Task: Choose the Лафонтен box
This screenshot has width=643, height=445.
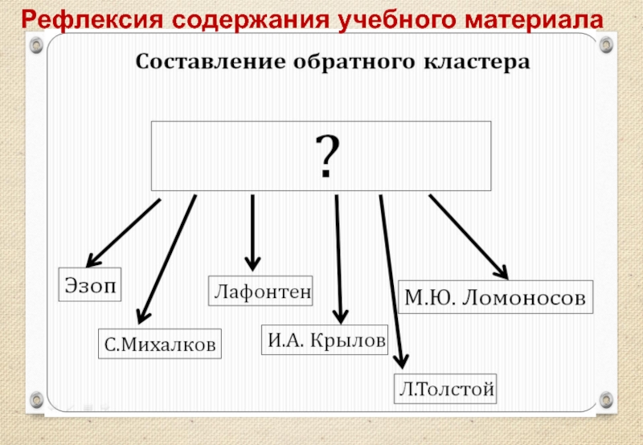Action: [x=261, y=290]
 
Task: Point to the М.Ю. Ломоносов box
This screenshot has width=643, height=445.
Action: [x=496, y=296]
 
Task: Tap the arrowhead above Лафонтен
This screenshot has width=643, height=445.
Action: [x=252, y=263]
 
